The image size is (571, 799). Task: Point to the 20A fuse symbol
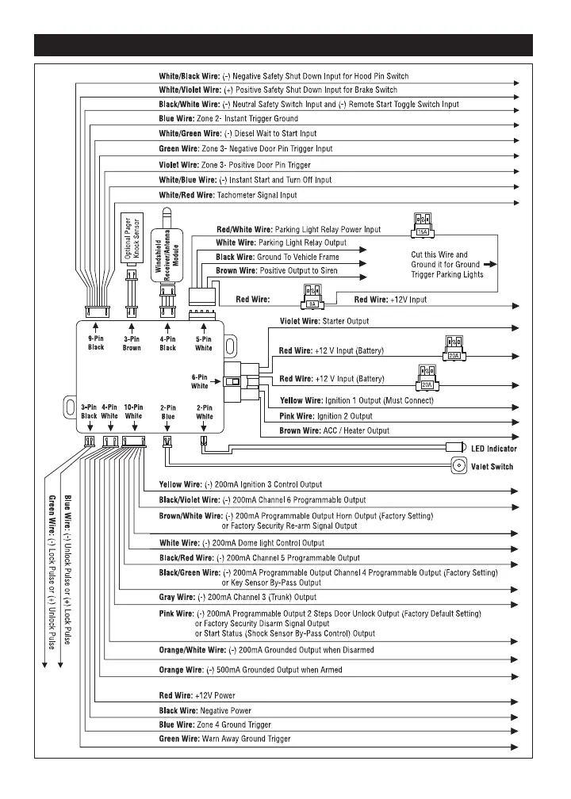point(426,377)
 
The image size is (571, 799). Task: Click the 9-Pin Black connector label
point(96,342)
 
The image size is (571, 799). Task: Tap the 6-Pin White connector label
point(200,381)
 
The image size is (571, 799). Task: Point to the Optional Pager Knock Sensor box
point(132,239)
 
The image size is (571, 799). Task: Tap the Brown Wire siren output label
point(235,270)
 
